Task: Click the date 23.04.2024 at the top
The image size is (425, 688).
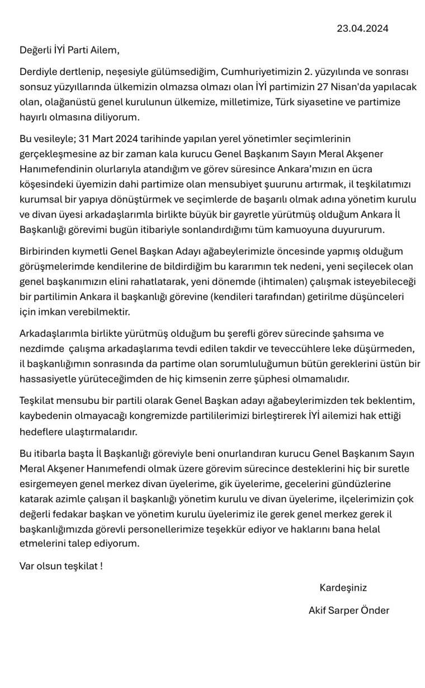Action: pyautogui.click(x=362, y=29)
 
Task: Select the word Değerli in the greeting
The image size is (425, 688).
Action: pyautogui.click(x=35, y=50)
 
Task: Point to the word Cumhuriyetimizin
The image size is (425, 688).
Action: pyautogui.click(x=256, y=72)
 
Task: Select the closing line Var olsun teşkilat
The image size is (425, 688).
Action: pyautogui.click(x=61, y=566)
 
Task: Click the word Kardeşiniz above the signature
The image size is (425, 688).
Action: pyautogui.click(x=343, y=588)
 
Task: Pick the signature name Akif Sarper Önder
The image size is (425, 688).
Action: pyautogui.click(x=349, y=610)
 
